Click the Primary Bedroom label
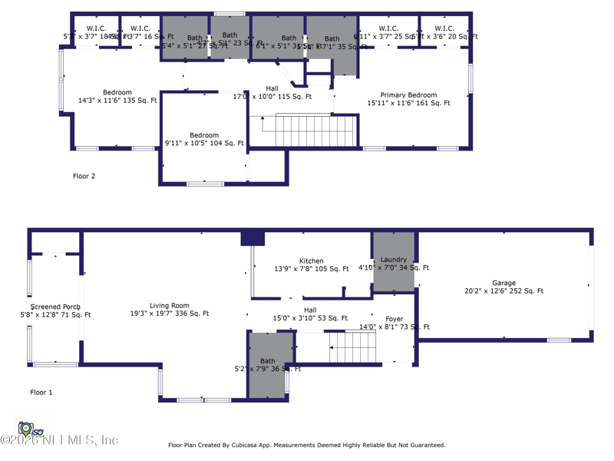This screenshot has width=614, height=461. [x=408, y=95]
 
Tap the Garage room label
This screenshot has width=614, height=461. [x=503, y=283]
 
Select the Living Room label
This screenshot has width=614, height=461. [x=170, y=306]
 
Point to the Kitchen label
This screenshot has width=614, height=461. [x=311, y=261]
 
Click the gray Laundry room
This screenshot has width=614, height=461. [x=394, y=262]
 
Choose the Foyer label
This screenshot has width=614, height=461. [x=394, y=319]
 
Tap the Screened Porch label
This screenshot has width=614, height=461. [x=55, y=307]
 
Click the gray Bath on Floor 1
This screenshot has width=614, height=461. [x=269, y=366]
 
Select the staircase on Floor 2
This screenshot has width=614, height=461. [x=316, y=128]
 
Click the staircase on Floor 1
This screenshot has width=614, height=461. [x=355, y=347]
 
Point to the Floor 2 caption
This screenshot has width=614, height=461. [x=84, y=176]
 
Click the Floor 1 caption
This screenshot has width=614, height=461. [x=41, y=393]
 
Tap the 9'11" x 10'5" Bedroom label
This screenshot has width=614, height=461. [x=204, y=135]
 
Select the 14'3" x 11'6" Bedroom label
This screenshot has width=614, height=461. [x=117, y=93]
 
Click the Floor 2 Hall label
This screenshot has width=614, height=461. [x=272, y=88]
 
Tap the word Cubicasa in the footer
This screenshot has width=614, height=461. [x=259, y=445]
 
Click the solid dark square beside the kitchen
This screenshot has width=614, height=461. [x=253, y=238]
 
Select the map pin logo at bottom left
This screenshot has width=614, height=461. [x=26, y=429]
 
